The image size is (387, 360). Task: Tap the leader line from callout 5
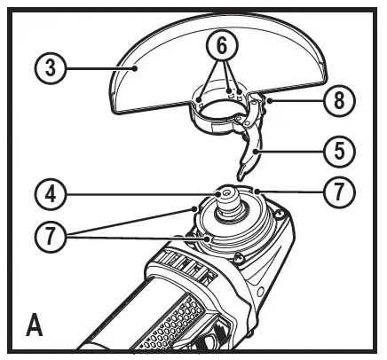pyautogui.click(x=288, y=152)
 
